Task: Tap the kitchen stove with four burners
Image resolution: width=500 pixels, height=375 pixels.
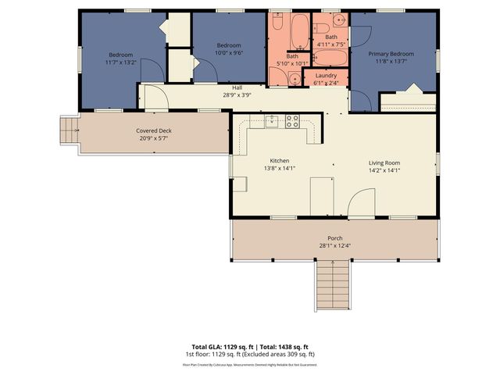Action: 292,121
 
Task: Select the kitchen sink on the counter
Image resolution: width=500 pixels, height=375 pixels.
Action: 271,120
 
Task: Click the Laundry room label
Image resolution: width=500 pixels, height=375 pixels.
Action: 326,75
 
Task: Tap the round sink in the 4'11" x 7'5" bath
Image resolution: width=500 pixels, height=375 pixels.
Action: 337,19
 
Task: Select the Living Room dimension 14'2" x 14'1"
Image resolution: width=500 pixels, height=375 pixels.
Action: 384,170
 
